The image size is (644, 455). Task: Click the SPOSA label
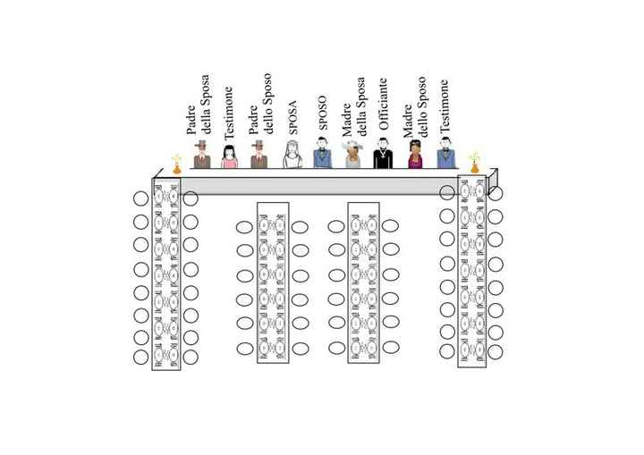292,118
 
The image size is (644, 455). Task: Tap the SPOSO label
323,113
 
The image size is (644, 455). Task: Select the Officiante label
383,105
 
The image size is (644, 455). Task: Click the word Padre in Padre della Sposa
191,120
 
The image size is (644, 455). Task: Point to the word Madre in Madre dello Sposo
408,122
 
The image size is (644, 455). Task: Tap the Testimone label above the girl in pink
228,113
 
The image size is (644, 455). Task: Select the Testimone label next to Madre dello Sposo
445,106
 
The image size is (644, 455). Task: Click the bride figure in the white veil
292,155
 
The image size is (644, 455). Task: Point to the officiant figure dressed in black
383,153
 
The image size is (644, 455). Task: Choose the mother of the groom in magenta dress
415,155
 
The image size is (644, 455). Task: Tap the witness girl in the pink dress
229,156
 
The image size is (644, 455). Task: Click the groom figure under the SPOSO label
322,153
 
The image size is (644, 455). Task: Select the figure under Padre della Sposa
202,155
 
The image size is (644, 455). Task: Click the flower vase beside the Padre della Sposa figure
176,164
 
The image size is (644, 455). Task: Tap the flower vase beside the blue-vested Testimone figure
475,163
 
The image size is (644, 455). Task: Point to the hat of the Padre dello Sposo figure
258,144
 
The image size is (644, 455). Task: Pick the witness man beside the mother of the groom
446,153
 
